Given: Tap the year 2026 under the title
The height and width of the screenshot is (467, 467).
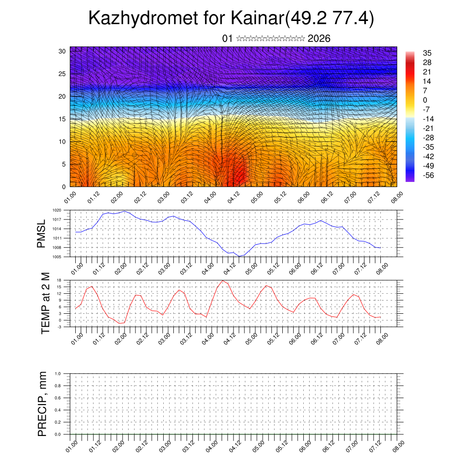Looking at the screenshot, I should [319, 38].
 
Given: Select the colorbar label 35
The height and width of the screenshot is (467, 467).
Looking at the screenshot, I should [427, 53].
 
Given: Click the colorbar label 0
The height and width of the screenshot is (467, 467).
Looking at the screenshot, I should [425, 100].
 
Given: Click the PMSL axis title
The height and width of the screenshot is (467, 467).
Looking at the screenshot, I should [42, 233].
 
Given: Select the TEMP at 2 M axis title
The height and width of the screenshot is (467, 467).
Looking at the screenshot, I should [45, 303].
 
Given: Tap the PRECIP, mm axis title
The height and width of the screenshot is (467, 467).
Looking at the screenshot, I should [42, 404].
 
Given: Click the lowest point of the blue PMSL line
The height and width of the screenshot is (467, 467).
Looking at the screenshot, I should [239, 256].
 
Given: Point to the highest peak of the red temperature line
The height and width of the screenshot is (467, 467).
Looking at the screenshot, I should [223, 280].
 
